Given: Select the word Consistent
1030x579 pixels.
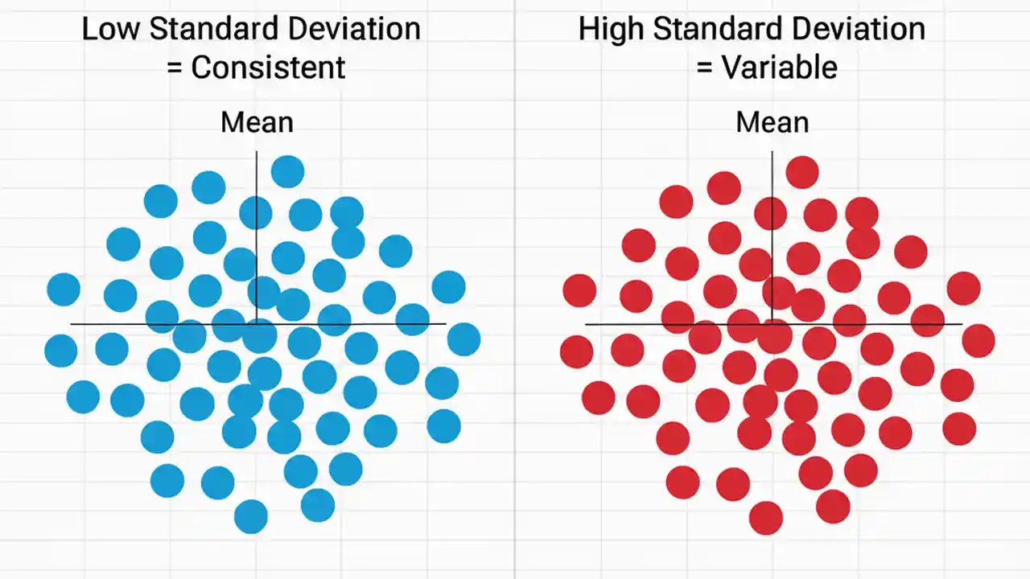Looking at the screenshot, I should (268, 68).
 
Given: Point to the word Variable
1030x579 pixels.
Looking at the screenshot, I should (779, 68).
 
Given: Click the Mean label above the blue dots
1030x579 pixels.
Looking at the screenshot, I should (257, 123).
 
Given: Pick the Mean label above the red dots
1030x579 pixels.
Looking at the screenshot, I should (772, 123).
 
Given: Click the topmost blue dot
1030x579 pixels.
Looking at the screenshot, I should (287, 171).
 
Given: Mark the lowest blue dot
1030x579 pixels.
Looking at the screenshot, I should (250, 516).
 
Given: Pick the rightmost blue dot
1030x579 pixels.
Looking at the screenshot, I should (463, 339).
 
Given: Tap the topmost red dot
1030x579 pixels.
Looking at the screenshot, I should (802, 172).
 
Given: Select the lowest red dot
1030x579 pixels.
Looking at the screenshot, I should (765, 518).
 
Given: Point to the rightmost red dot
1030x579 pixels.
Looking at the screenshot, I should (978, 341).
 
